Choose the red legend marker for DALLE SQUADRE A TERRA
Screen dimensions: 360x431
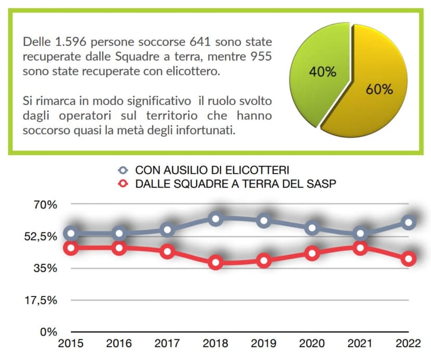123,183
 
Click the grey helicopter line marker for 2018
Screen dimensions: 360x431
217,218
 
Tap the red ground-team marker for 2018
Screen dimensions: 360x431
217,262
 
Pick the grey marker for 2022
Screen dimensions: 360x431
409,222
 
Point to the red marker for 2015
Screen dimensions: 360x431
72,248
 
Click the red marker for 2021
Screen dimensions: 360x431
361,248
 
